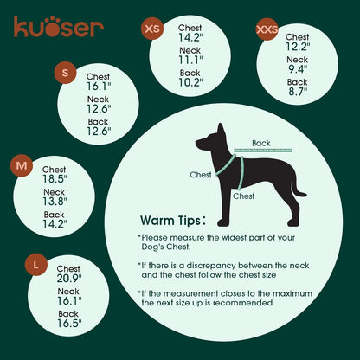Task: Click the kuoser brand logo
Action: (58, 27)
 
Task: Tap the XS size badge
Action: (152, 29)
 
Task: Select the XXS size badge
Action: (267, 31)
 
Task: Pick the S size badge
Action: (65, 73)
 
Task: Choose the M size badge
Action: (22, 165)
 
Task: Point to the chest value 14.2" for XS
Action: (190, 38)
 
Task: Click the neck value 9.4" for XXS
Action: (297, 69)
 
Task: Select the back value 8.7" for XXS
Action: (297, 91)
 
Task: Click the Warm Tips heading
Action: (172, 220)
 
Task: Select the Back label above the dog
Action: (260, 143)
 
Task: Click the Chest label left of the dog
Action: (200, 174)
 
